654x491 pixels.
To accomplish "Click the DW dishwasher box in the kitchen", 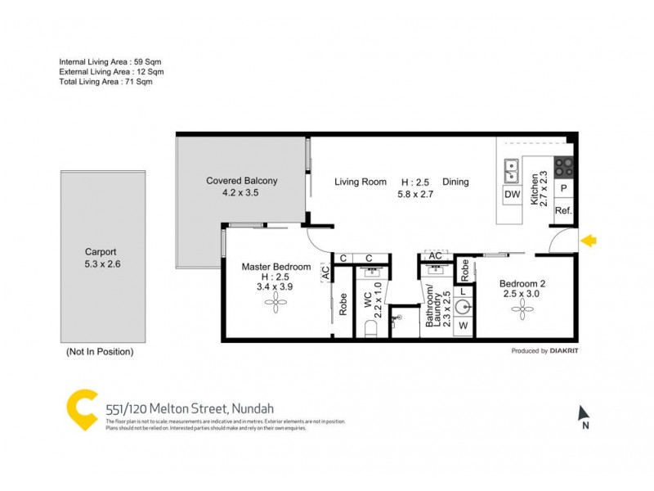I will [513, 195].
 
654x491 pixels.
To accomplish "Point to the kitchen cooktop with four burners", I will [564, 167].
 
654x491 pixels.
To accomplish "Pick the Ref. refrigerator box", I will [563, 211].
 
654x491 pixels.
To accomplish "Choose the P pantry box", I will [563, 188].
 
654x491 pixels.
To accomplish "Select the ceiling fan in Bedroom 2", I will [522, 308].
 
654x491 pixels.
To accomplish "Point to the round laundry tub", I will [464, 308].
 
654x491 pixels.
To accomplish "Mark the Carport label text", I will [101, 252].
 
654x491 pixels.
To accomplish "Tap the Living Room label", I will [360, 182].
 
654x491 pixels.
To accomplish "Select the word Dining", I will [455, 182].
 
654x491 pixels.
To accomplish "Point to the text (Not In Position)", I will [99, 352].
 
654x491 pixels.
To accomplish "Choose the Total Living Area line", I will [105, 81].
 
